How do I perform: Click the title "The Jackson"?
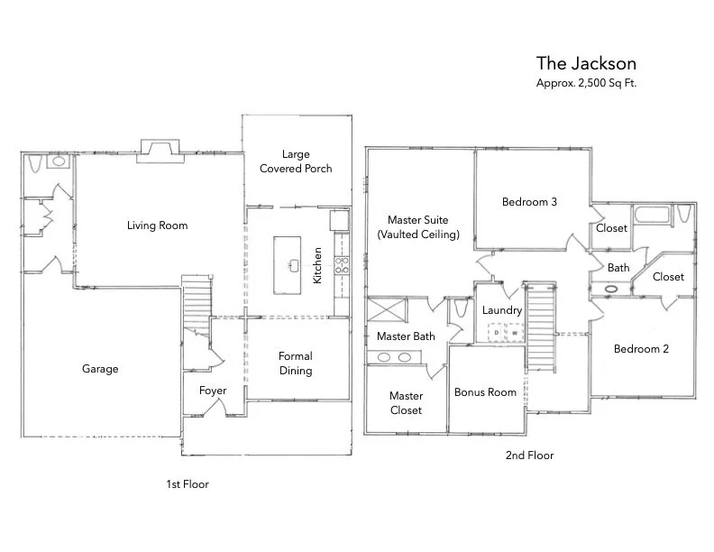tap(586, 63)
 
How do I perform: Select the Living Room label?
tap(157, 225)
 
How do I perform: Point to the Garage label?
tap(100, 369)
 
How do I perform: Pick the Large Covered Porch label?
tap(296, 161)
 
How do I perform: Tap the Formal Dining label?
tap(296, 363)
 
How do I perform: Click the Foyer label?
tap(214, 391)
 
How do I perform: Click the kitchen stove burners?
tap(343, 265)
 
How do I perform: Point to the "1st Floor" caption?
tap(187, 484)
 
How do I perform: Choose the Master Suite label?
tap(417, 226)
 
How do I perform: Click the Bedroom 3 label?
tap(529, 202)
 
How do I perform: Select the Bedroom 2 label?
tap(641, 349)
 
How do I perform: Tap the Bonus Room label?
tap(485, 392)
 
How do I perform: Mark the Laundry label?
tap(502, 310)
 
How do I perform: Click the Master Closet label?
tap(406, 403)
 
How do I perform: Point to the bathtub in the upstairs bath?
tap(650, 216)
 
